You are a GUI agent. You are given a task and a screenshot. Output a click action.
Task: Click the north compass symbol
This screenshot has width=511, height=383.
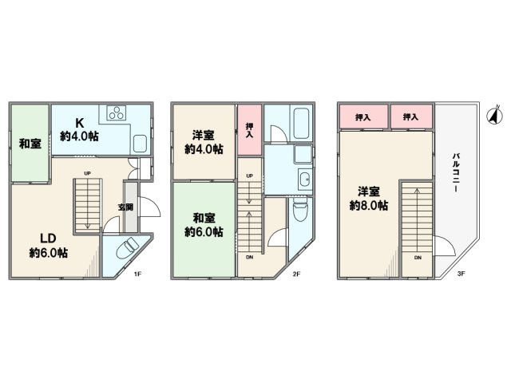[494, 116]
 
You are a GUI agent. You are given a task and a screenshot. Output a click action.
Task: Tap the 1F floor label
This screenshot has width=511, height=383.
[137, 274]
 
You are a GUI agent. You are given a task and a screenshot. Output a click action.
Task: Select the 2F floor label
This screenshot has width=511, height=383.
[296, 274]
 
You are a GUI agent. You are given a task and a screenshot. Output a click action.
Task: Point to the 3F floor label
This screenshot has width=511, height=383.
[461, 274]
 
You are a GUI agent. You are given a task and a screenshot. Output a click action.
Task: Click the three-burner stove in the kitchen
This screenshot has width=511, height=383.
[117, 113]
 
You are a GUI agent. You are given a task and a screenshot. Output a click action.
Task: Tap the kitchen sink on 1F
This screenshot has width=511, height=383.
[141, 144]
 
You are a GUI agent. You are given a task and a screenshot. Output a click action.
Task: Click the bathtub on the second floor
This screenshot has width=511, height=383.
[303, 123]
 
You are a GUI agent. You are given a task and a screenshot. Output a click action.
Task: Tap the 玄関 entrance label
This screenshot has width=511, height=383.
[126, 207]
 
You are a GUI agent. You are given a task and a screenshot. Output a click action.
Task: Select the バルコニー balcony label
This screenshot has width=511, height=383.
[456, 172]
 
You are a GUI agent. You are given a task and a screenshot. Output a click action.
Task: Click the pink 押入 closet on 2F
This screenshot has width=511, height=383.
[249, 130]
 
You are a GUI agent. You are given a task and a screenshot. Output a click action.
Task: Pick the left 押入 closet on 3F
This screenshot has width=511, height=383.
[363, 117]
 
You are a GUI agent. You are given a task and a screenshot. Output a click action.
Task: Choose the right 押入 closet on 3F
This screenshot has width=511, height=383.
[411, 117]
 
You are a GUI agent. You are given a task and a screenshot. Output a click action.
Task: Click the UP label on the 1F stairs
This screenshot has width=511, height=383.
[87, 173]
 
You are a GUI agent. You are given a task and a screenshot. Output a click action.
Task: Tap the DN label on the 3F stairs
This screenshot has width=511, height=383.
[418, 258]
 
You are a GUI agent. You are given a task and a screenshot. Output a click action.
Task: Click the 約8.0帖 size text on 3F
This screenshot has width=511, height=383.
[369, 206]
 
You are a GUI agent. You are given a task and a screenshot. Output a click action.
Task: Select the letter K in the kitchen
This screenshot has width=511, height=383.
[80, 123]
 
